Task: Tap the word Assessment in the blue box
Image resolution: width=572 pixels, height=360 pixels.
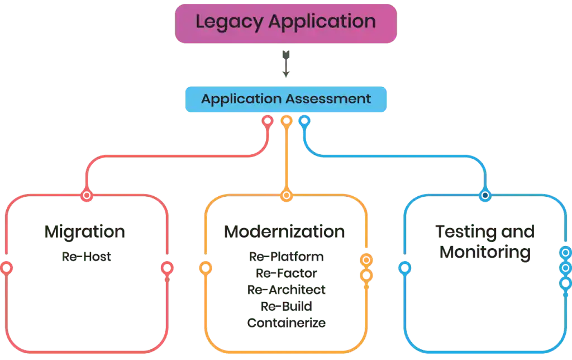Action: click(336, 99)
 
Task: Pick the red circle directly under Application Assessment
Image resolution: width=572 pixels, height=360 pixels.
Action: click(268, 120)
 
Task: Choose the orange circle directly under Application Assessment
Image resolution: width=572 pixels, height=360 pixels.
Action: click(287, 120)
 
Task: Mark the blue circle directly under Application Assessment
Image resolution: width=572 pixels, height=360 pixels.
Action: click(304, 120)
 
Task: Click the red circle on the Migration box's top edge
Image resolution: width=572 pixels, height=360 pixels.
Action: click(86, 196)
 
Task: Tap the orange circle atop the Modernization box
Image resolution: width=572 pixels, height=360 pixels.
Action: click(287, 195)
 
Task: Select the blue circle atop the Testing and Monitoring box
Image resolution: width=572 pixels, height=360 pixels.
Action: click(485, 195)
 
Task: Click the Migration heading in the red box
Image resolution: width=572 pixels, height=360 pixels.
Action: click(85, 233)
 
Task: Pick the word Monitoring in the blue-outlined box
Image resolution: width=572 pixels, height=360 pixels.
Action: click(485, 253)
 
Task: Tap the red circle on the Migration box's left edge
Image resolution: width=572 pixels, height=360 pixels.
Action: click(7, 267)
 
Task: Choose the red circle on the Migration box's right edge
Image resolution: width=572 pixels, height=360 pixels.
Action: click(166, 268)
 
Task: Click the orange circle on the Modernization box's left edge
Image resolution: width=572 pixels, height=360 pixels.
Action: click(206, 268)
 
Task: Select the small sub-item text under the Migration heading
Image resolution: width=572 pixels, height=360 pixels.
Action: click(86, 258)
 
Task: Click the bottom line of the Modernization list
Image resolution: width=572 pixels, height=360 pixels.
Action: click(285, 323)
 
